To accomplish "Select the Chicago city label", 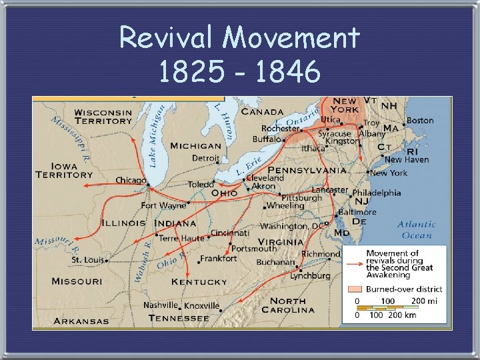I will tap(131, 181).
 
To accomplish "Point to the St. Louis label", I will tap(85, 259).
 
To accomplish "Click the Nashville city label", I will tap(161, 305).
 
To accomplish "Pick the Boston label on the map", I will tap(420, 121).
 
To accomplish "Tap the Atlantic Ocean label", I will tap(417, 229).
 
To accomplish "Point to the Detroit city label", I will tap(205, 159).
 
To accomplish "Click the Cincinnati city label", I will tap(230, 233).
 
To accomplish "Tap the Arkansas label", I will tap(81, 321).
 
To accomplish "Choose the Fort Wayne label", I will tap(163, 205).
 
